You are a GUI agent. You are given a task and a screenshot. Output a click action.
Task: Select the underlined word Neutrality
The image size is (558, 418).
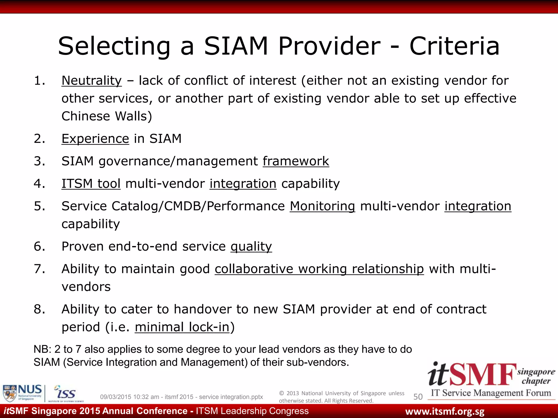92,81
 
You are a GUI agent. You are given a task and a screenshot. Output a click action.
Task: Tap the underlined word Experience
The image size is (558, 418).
95,139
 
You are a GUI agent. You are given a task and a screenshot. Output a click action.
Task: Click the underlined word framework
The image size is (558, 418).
296,161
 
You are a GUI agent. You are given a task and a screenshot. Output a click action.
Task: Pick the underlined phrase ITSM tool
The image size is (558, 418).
91,184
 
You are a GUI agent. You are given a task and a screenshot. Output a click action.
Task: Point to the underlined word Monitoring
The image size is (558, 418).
322,206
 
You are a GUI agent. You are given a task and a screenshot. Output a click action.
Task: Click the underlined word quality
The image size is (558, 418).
251,247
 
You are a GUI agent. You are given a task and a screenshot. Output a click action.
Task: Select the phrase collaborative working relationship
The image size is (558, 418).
319,269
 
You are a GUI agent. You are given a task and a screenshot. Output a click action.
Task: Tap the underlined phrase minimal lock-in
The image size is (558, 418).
182,327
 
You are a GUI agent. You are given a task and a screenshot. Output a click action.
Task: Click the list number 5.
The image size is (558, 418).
39,206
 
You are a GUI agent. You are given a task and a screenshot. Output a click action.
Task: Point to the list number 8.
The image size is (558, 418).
39,309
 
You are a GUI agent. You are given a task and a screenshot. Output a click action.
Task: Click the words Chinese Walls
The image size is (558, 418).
107,116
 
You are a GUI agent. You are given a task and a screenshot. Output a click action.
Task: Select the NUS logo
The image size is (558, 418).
22,393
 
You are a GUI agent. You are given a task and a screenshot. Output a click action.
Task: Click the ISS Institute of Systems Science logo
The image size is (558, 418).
65,393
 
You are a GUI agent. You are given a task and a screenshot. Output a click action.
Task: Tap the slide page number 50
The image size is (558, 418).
418,397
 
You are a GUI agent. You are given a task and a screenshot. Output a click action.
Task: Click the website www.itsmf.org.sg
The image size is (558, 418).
445,411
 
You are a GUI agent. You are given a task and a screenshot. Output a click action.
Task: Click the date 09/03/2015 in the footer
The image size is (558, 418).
116,397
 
